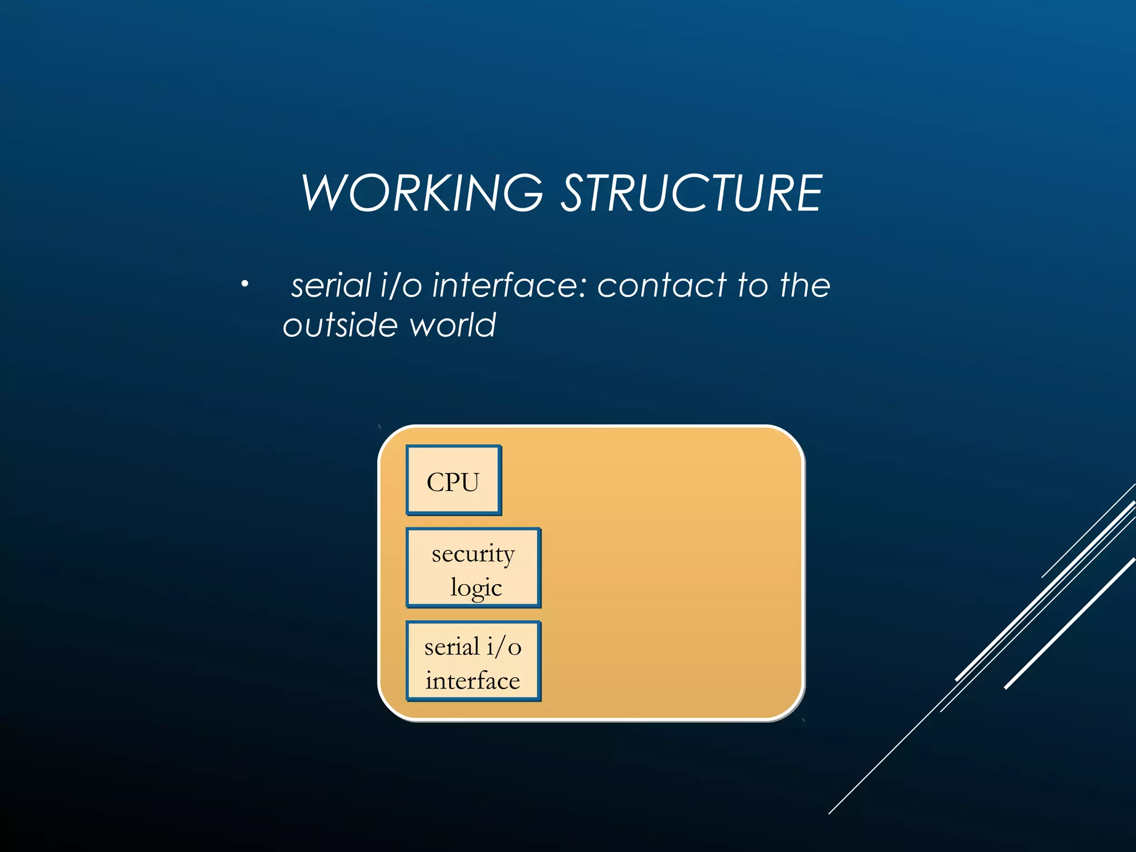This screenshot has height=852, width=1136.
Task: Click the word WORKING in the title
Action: tap(422, 192)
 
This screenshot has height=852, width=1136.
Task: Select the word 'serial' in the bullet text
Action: tap(331, 286)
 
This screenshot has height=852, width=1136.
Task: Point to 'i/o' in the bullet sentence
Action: tap(402, 286)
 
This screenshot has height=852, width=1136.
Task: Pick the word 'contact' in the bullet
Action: tap(662, 286)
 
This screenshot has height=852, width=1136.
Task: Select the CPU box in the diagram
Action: tap(453, 480)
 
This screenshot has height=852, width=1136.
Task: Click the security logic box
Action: tap(473, 568)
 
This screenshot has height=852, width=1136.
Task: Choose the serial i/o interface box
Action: tap(473, 661)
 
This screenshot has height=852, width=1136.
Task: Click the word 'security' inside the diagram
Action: tap(473, 554)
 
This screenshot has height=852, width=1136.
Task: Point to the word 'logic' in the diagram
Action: tap(476, 587)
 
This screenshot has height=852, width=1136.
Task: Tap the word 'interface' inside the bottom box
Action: tap(473, 681)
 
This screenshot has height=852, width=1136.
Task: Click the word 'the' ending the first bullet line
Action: tap(804, 286)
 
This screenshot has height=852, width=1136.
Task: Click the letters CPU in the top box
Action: tap(453, 481)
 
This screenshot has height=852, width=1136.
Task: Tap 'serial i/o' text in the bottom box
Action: tap(473, 647)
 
